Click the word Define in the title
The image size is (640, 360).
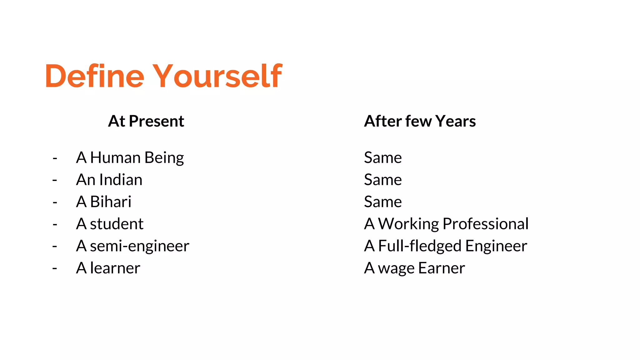tap(94, 76)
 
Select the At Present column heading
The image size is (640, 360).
tap(146, 121)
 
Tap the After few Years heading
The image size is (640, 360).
tap(420, 121)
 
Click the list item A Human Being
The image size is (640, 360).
tap(130, 157)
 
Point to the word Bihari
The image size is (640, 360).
tap(111, 202)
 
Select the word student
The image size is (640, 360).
tap(117, 224)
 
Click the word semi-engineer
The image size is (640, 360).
tap(139, 246)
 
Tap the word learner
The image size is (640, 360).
tap(115, 268)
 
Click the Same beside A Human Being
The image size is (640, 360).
tap(383, 157)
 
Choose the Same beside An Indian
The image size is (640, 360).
tap(383, 180)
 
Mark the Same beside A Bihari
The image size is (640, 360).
tap(383, 202)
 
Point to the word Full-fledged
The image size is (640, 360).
tap(420, 246)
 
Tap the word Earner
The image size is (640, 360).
tap(442, 268)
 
